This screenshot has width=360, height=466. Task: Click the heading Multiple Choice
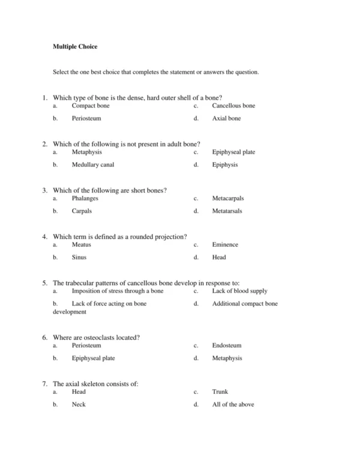75,46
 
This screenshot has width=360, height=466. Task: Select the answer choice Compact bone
91,106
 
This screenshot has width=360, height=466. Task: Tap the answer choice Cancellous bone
233,106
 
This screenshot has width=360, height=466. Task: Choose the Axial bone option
226,118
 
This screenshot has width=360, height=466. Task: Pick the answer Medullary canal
93,165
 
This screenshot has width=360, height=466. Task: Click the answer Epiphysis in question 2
225,165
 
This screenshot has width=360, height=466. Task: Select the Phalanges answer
85,198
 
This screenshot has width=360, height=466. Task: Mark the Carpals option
82,211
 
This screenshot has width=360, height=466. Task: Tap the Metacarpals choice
228,198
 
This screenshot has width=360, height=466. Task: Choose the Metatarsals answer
227,211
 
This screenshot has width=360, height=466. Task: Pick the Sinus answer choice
79,257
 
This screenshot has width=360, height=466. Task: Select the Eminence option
225,244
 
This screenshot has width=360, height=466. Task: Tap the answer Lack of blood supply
239,291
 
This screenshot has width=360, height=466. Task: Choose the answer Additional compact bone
245,303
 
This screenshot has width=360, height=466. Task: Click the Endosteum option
227,345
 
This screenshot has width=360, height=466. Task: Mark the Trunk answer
220,392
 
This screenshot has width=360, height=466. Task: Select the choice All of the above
233,404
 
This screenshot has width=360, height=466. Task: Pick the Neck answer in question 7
79,404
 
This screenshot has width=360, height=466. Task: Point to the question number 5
44,282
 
